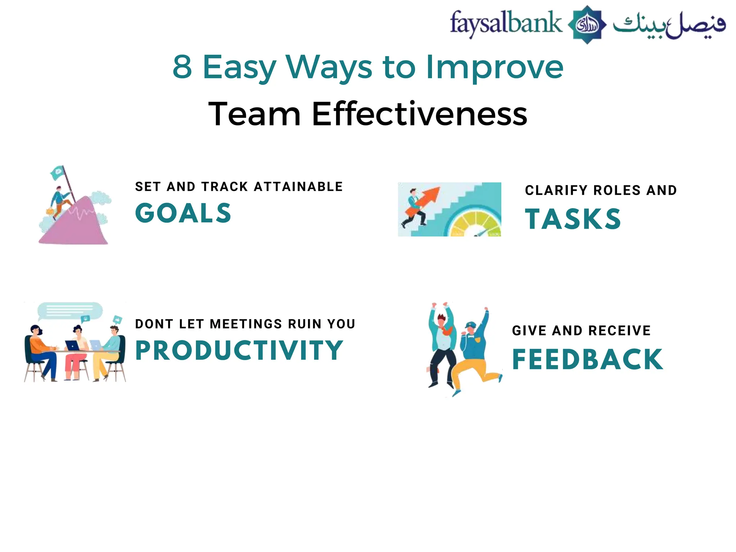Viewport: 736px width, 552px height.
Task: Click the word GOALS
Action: pos(183,213)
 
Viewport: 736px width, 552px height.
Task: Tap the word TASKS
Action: pos(573,219)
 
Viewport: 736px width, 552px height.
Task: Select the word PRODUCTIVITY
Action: pos(239,350)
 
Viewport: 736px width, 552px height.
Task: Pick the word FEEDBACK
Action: pos(587,359)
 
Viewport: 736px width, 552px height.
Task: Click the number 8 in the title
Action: pos(182,67)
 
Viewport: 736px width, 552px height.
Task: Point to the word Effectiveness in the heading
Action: pos(419,114)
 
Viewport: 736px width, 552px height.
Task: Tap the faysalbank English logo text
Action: pos(506,23)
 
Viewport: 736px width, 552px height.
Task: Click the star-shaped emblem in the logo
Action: pos(587,24)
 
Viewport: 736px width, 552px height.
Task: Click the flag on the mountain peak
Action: pos(57,174)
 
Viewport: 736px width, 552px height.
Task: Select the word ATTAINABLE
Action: pos(298,187)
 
